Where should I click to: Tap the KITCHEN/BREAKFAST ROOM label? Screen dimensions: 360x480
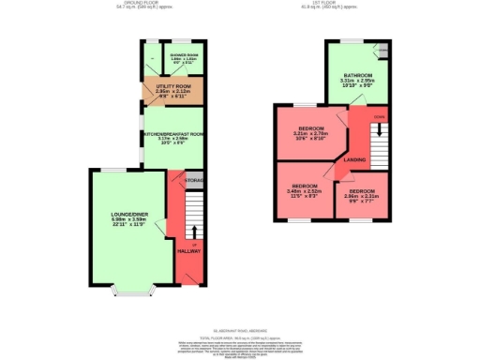coord(171,134)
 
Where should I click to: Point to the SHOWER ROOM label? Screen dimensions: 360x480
coord(184,55)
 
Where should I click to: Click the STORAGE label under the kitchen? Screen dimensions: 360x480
coord(194,178)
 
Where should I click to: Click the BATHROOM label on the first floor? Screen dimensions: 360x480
coord(357,75)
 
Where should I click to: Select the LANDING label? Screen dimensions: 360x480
coord(355,159)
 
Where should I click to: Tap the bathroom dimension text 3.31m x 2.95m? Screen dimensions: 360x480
coord(357,81)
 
